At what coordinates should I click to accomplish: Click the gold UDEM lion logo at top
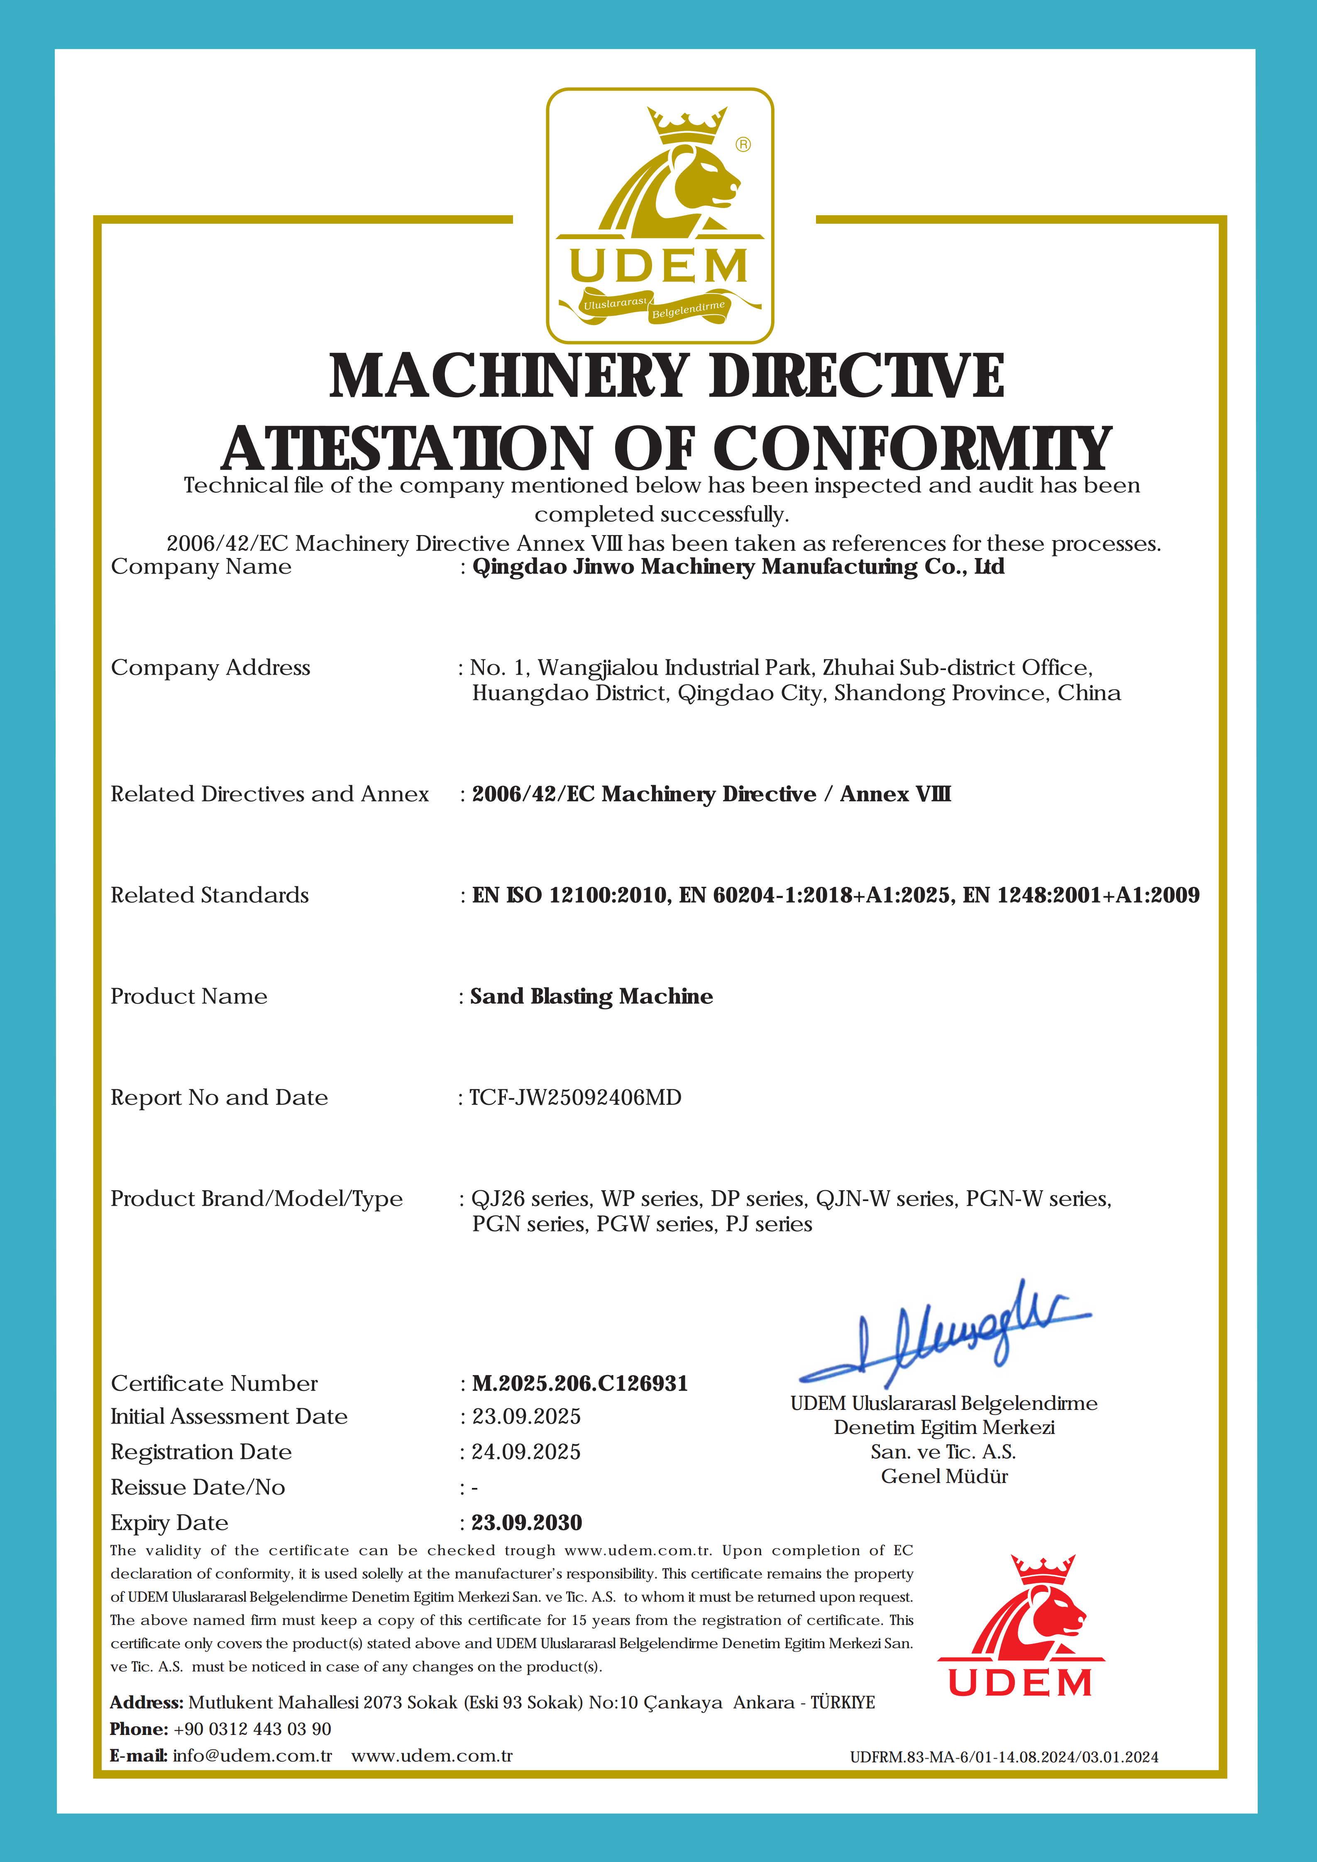(659, 215)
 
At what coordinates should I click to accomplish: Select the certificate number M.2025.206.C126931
(580, 1383)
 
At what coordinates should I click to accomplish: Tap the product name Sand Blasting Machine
(591, 997)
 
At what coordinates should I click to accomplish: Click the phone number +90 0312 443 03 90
(252, 1729)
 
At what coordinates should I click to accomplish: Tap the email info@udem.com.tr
(252, 1756)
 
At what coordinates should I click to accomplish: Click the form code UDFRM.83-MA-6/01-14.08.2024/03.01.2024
(1004, 1757)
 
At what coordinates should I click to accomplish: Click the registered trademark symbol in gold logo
(743, 144)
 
